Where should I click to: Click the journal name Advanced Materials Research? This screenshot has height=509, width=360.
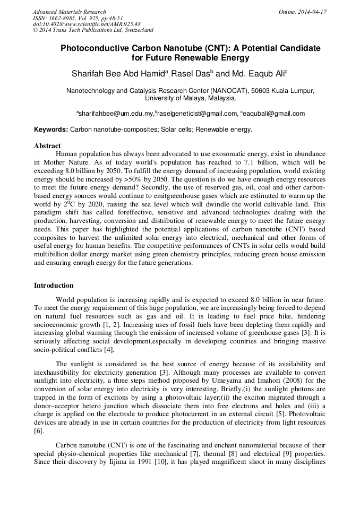pyautogui.click(x=70, y=12)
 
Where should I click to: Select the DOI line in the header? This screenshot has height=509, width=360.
pyautogui.click(x=87, y=24)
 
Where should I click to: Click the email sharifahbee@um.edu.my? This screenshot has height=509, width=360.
pyautogui.click(x=116, y=114)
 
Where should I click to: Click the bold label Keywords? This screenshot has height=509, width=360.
pyautogui.click(x=51, y=130)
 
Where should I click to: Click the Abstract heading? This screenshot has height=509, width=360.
pyautogui.click(x=47, y=146)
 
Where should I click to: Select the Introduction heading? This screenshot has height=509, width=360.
pyautogui.click(x=54, y=286)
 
